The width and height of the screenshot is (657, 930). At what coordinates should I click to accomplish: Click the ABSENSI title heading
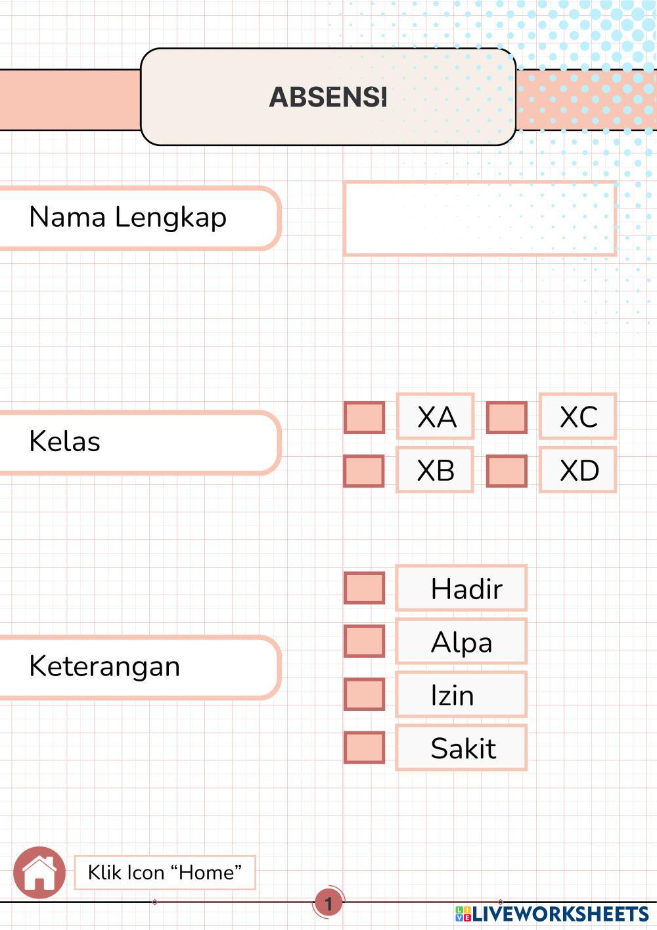[328, 97]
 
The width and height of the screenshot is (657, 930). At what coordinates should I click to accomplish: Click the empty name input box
[480, 218]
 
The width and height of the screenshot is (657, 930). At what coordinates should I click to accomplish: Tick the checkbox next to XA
[365, 418]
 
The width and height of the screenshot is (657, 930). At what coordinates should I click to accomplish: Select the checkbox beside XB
[364, 471]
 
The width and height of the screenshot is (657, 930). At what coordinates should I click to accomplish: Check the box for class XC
[507, 418]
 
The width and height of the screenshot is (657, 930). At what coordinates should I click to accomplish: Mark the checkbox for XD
[507, 471]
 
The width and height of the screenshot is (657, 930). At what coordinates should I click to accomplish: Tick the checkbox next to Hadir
[365, 588]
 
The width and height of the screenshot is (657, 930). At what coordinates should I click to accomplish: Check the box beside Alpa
[365, 641]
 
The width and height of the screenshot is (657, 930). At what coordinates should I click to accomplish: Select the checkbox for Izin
[365, 695]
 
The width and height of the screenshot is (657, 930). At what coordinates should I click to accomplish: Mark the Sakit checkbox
[365, 748]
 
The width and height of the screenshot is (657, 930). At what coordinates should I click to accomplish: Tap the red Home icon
[39, 873]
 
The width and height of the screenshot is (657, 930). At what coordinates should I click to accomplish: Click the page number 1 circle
[328, 903]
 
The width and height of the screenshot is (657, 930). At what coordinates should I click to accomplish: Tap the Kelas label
[65, 441]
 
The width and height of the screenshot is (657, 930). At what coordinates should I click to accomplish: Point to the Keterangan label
[104, 666]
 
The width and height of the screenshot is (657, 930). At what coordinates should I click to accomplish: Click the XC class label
[578, 417]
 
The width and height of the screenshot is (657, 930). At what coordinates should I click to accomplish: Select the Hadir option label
[466, 589]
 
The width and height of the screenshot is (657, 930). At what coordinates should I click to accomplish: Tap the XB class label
[436, 470]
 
